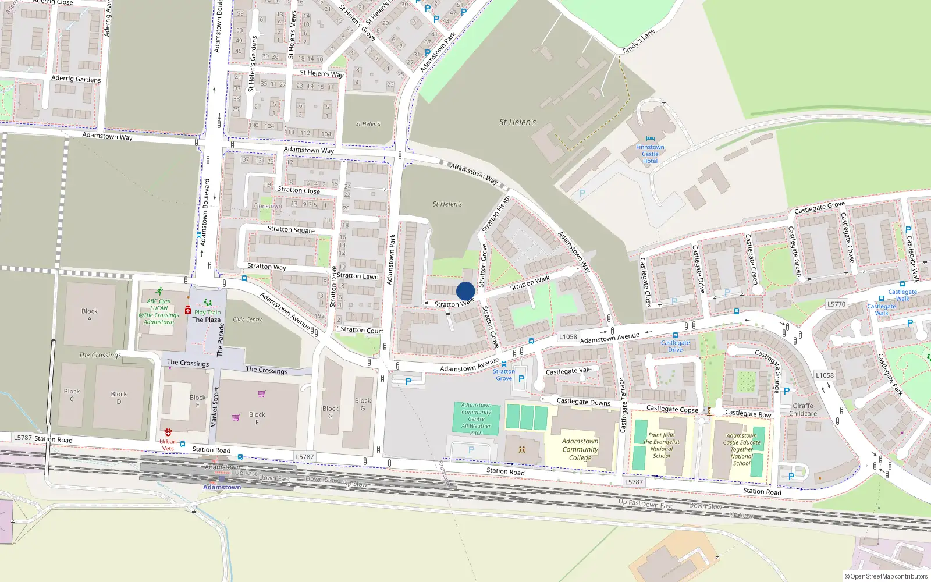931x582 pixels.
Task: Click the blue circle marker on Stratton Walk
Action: pos(465,291)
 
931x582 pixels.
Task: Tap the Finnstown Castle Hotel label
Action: pos(650,154)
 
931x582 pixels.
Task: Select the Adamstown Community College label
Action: pos(580,449)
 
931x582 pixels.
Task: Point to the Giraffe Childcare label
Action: pos(803,410)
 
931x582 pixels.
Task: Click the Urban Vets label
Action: pos(168,445)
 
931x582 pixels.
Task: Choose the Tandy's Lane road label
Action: pos(638,41)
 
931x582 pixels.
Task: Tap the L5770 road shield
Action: pos(836,304)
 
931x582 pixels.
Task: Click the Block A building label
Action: pos(90,315)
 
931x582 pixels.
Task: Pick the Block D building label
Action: pos(119,398)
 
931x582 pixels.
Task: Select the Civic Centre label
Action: pos(248,320)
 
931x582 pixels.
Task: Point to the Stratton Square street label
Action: pos(291,229)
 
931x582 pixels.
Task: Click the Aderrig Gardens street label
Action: pos(76,79)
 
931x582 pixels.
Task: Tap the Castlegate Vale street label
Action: pos(568,371)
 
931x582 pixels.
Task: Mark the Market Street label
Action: pos(215,407)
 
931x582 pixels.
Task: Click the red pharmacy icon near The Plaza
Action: pos(188,310)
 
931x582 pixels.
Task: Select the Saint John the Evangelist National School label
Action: pos(662,445)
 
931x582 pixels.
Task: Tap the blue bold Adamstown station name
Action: pos(222,487)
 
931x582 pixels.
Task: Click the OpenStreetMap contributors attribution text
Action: pos(886,576)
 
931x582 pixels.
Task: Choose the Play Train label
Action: pos(207,313)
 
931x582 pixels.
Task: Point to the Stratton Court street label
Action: pos(362,330)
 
